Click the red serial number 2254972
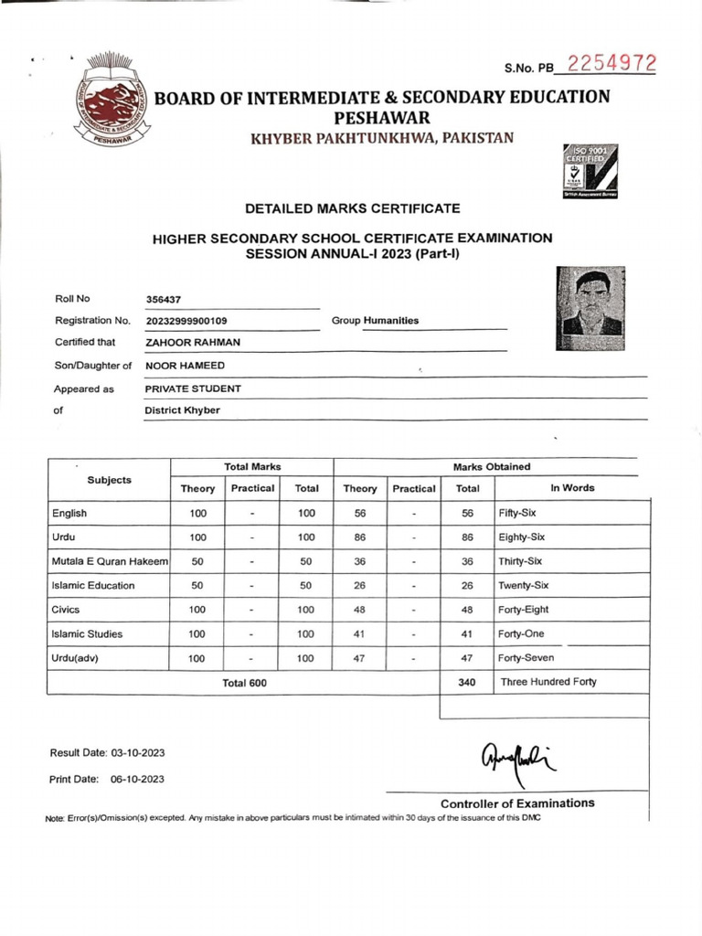(612, 65)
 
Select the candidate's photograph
(590, 308)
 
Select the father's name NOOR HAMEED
(185, 366)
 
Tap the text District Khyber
(182, 410)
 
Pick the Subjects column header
(109, 480)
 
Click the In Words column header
(572, 488)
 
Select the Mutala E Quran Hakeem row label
(109, 561)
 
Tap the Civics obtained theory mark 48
(360, 610)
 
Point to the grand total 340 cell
(467, 682)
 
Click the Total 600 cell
(244, 683)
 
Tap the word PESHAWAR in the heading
(381, 118)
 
